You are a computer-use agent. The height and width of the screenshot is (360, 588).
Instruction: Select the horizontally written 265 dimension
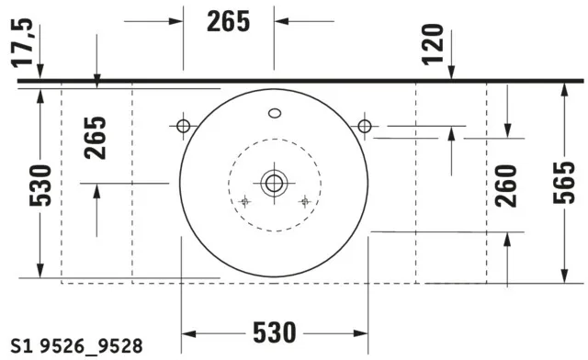[229, 21]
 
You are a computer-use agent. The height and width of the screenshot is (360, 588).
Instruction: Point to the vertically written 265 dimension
[96, 137]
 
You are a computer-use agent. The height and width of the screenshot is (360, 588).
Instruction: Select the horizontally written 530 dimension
[275, 330]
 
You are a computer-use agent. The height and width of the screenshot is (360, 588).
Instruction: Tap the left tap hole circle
[182, 125]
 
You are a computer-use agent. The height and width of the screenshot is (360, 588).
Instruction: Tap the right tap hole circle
[365, 125]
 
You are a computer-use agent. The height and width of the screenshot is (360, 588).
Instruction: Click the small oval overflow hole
[274, 115]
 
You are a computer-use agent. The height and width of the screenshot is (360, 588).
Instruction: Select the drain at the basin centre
[273, 182]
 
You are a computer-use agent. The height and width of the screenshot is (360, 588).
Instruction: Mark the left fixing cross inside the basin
[243, 201]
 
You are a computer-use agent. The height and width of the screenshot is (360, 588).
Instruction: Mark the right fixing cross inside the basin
[304, 201]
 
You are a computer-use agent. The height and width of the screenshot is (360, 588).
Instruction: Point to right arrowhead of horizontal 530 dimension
[362, 331]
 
